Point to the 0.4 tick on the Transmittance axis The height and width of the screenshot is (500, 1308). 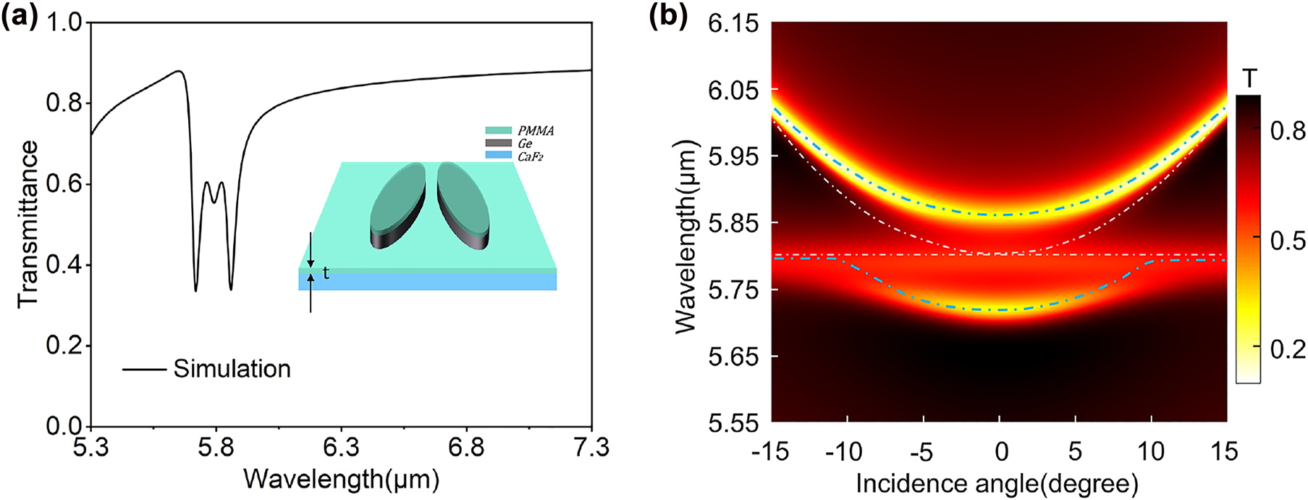click(x=64, y=265)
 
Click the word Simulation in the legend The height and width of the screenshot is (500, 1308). click(x=232, y=369)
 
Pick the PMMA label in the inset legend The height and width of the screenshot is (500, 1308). click(x=536, y=131)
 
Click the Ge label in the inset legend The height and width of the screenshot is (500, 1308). click(x=525, y=143)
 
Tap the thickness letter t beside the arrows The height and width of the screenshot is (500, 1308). click(x=326, y=273)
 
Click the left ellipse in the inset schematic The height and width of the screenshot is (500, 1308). click(x=397, y=207)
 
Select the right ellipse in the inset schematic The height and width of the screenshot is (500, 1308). click(x=463, y=206)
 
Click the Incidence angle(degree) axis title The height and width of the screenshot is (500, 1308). click(x=997, y=483)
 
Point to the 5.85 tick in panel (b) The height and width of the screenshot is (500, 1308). click(x=734, y=223)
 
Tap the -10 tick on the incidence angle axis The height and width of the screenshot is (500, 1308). click(x=844, y=452)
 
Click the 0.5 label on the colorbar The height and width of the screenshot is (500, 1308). click(x=1288, y=241)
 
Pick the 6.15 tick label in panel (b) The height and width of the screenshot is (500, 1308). click(x=734, y=23)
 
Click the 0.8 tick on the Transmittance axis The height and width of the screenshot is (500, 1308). click(x=64, y=104)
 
